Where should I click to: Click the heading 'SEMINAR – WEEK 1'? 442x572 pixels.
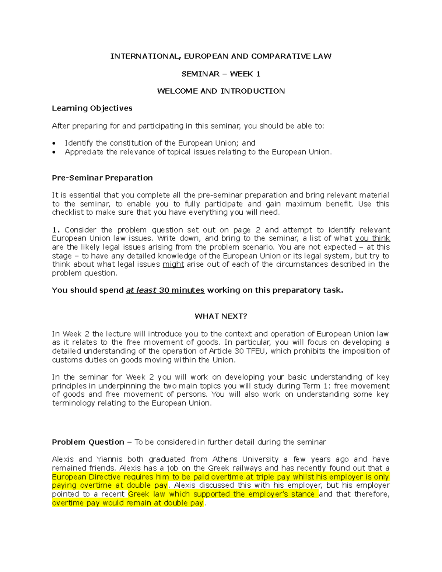[221, 74]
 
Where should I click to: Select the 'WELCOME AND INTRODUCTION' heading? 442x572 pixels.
[221, 91]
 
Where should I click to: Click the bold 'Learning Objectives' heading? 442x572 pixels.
[92, 108]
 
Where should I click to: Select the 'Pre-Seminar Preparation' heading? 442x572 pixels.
[102, 178]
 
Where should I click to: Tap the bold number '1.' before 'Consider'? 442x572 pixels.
[56, 230]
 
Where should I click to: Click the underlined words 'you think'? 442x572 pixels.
[372, 238]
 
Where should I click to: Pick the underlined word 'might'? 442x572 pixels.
[173, 264]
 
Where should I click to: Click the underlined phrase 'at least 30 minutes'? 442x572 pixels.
[165, 290]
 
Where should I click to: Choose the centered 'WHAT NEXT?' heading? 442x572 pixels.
[221, 316]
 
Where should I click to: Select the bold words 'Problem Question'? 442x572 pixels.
[88, 442]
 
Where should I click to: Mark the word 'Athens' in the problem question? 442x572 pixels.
[225, 459]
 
